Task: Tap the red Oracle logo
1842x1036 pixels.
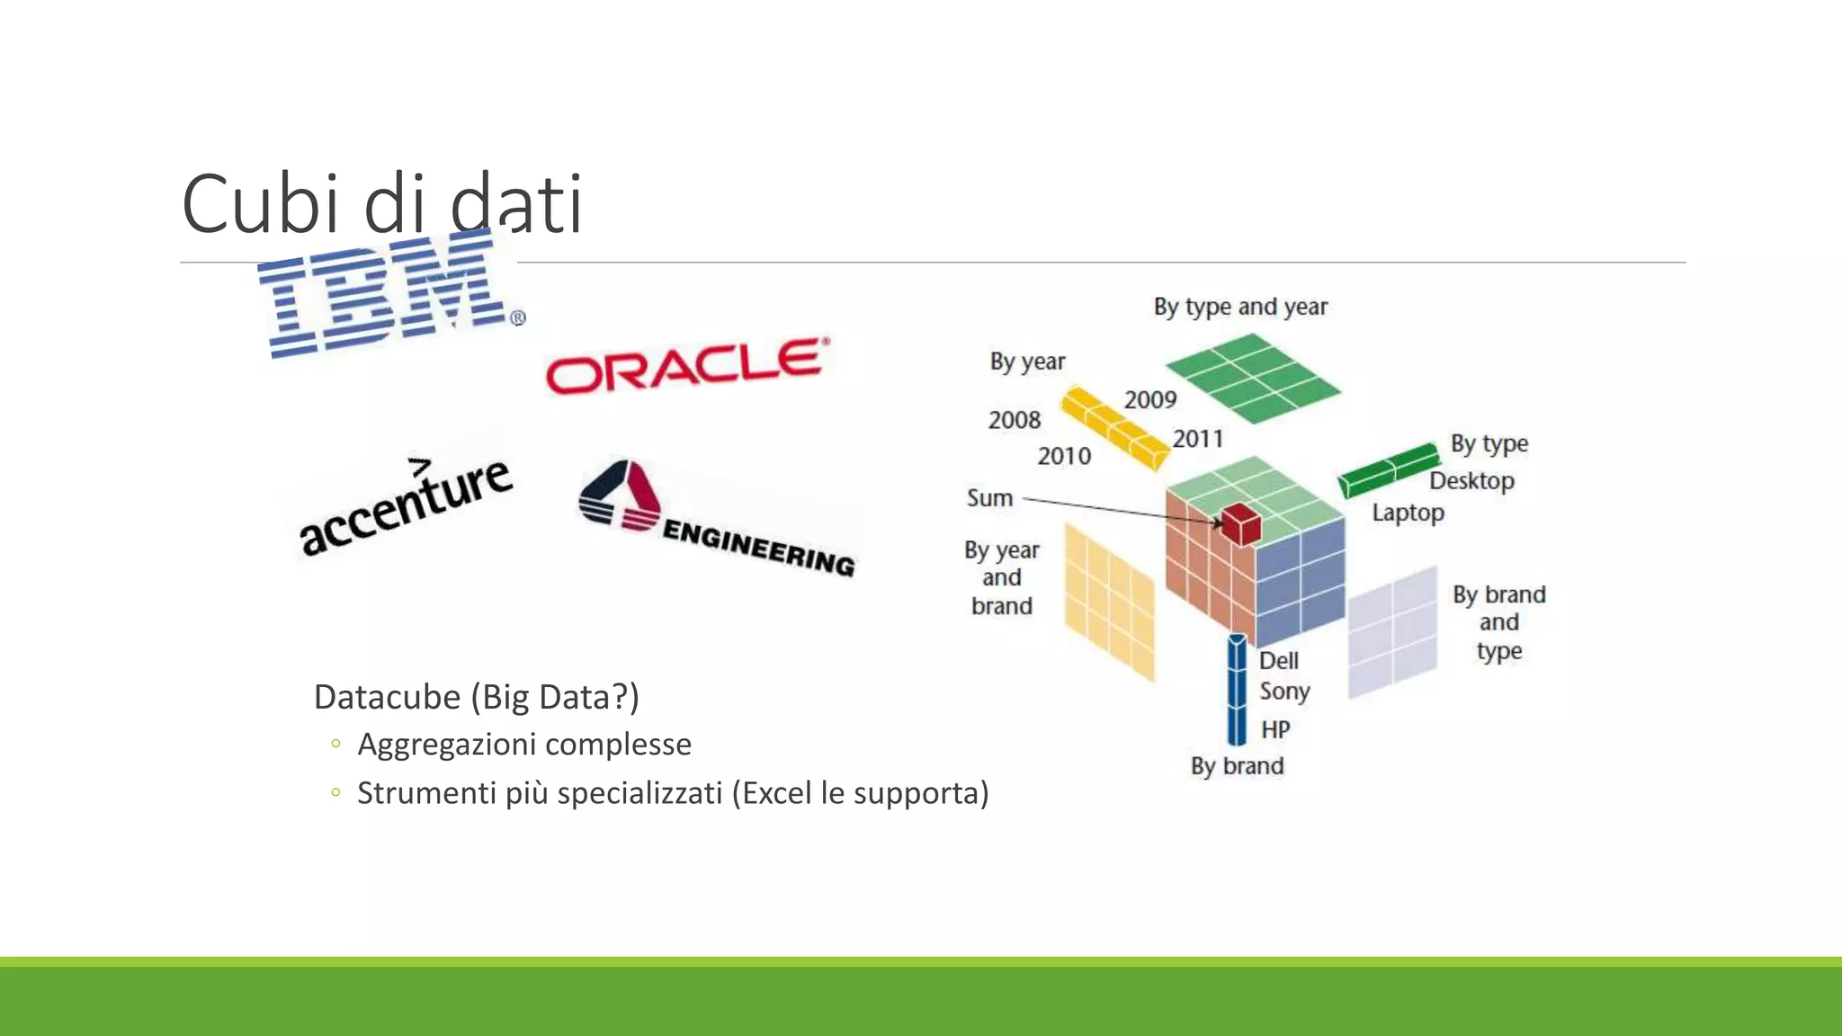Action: pos(687,367)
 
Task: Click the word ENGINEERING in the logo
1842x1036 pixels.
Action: pos(758,547)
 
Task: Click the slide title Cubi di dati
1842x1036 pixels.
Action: pos(382,204)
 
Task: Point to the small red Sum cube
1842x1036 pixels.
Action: pos(1241,523)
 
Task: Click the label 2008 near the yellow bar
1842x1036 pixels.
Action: pos(1014,420)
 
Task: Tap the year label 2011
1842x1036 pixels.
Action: pos(1197,439)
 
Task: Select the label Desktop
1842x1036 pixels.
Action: pos(1471,480)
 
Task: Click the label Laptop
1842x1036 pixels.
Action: pos(1408,513)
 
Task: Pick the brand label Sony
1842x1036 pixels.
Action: pos(1284,692)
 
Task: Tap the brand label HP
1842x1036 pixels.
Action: pos(1275,729)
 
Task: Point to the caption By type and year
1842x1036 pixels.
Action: pos(1240,308)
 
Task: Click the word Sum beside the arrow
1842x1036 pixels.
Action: pos(989,498)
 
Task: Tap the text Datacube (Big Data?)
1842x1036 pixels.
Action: pos(476,697)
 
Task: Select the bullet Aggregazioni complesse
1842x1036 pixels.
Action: pos(524,745)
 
